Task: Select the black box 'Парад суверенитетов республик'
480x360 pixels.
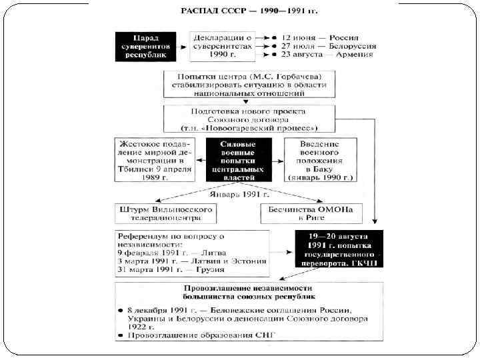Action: (x=145, y=46)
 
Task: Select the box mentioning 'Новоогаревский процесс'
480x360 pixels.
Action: (x=249, y=118)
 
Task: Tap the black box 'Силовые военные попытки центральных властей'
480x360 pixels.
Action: (x=239, y=160)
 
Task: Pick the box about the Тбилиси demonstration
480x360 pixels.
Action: (x=155, y=160)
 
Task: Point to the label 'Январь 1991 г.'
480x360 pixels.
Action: (x=239, y=195)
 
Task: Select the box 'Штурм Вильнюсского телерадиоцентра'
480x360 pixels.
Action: (x=165, y=213)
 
